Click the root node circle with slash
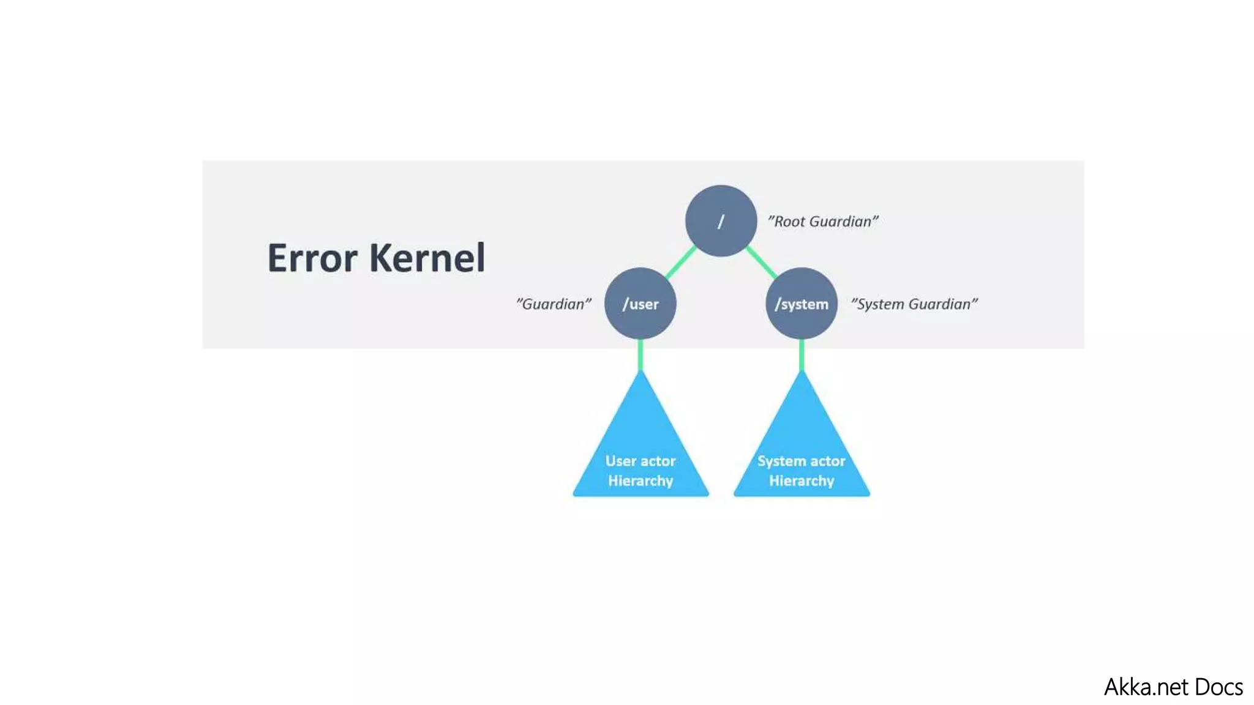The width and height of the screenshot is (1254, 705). click(x=721, y=221)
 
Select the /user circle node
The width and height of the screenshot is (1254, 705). click(x=640, y=304)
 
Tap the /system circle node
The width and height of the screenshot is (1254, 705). click(x=802, y=304)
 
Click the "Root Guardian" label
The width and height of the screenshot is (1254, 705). click(x=823, y=222)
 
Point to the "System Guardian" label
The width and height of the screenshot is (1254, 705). click(x=914, y=304)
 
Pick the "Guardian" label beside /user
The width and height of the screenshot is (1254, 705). click(x=554, y=304)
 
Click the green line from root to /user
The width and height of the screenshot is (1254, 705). click(x=680, y=263)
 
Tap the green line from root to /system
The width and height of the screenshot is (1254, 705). click(x=762, y=263)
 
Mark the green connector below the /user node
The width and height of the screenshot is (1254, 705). click(x=640, y=355)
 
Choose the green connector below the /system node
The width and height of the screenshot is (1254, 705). click(x=802, y=355)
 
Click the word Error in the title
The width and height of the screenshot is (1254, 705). click(x=312, y=258)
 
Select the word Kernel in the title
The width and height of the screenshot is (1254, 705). click(x=427, y=258)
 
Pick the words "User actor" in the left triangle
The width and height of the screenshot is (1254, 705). click(x=640, y=461)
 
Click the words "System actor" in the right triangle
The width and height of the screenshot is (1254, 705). click(x=802, y=461)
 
